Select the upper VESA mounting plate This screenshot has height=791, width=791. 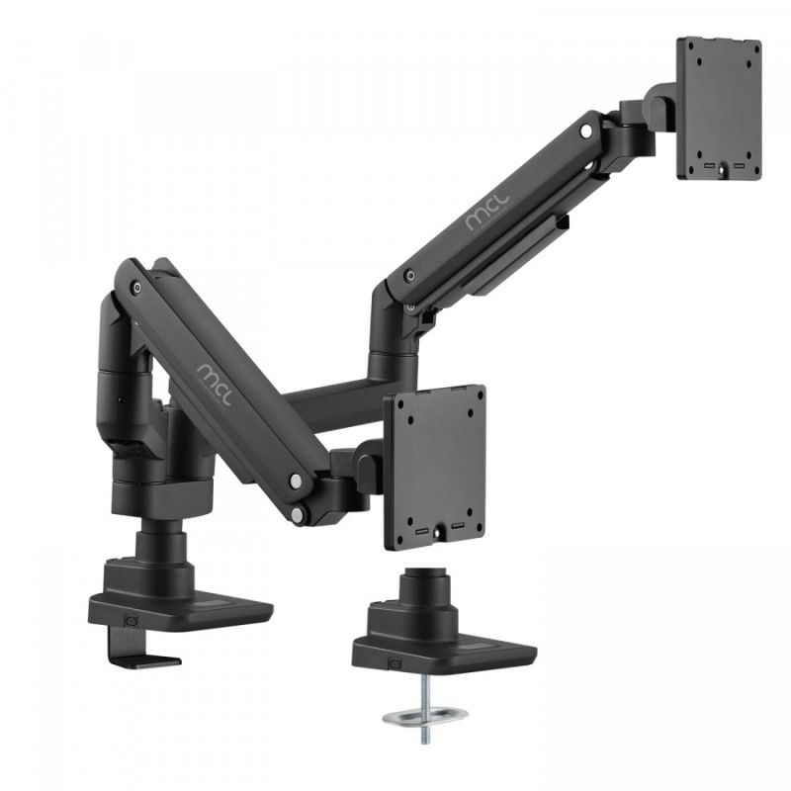point(718,109)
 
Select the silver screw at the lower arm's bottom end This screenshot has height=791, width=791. point(296,481)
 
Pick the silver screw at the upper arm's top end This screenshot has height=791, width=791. point(586,130)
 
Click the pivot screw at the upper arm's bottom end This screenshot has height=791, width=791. point(405,278)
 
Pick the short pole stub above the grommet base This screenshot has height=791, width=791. point(421,583)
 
